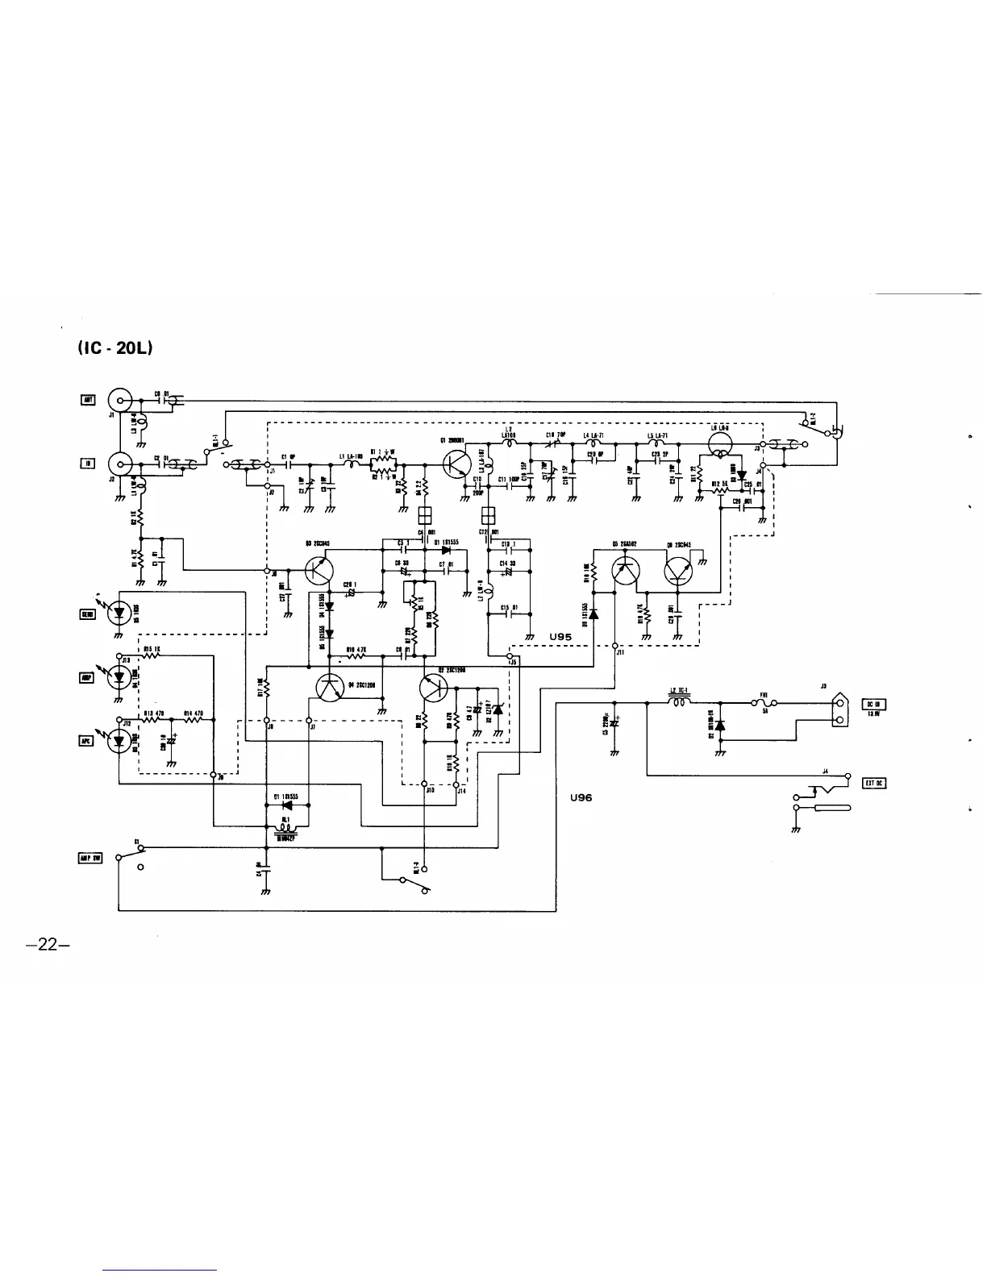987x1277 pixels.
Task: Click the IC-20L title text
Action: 115,347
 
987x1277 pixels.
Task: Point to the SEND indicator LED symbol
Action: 121,613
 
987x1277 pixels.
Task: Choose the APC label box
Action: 86,741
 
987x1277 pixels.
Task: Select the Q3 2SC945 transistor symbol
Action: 320,572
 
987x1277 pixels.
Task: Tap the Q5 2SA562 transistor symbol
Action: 625,571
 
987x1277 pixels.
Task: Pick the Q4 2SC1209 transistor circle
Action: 330,688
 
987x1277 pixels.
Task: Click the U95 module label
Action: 560,637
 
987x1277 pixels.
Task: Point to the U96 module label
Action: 580,797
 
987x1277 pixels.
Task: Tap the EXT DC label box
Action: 874,783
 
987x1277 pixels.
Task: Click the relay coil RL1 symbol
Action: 285,826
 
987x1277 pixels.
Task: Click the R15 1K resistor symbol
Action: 152,656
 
